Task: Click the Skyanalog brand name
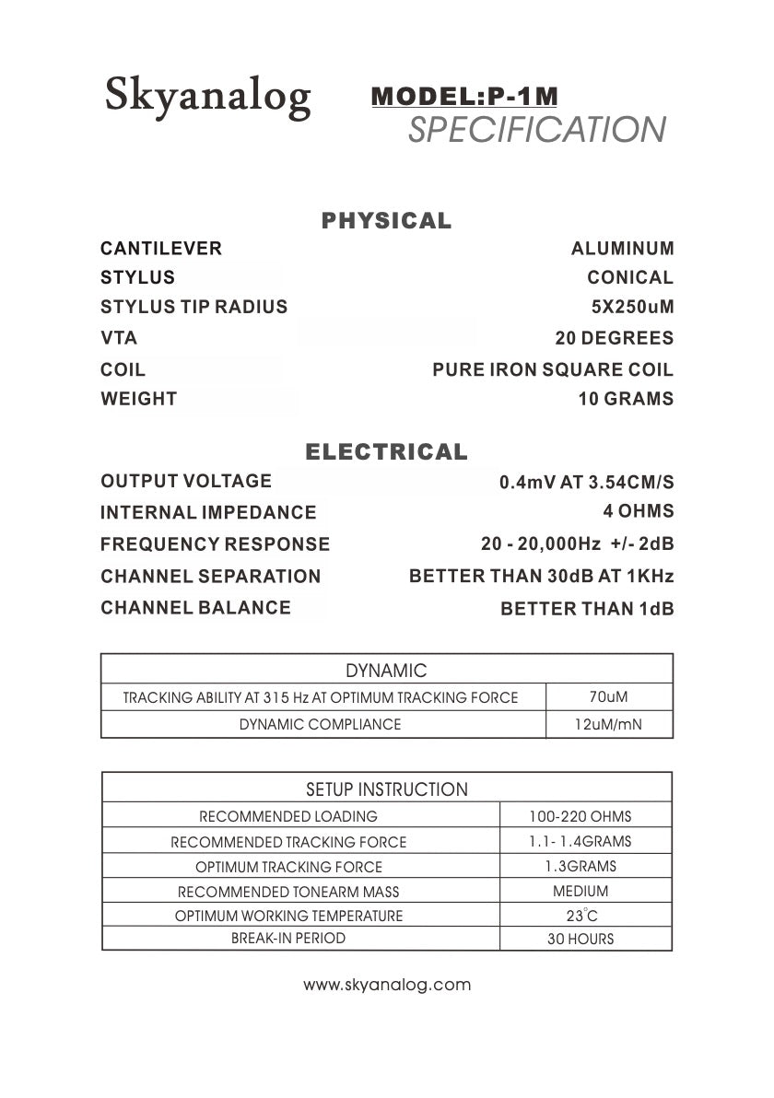(x=207, y=95)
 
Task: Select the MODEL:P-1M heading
(x=464, y=96)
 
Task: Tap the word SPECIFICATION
(x=536, y=130)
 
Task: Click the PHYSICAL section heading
(x=386, y=221)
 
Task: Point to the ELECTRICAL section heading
(x=386, y=452)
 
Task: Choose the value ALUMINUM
(x=622, y=249)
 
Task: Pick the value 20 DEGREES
(x=614, y=338)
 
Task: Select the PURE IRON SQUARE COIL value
(x=553, y=370)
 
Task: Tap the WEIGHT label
(x=138, y=399)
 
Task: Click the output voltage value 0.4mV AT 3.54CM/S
(x=586, y=482)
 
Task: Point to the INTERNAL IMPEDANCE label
(x=208, y=512)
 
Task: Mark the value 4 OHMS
(x=638, y=511)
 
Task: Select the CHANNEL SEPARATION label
(x=210, y=577)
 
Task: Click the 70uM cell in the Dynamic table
(x=608, y=697)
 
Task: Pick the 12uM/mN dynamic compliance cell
(x=608, y=724)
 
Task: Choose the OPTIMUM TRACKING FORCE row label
(x=288, y=867)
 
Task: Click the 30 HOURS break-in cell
(x=580, y=940)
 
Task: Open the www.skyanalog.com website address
(x=387, y=985)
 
